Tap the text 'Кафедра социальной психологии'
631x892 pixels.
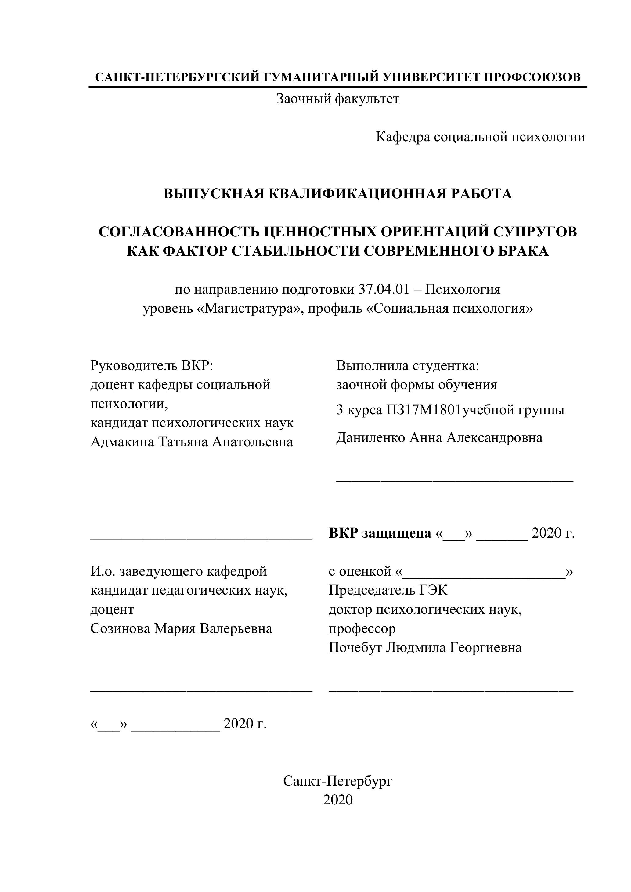pos(480,137)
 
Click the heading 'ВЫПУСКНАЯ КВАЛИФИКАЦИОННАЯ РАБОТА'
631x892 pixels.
pos(338,193)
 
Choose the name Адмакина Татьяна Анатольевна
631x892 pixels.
pos(192,442)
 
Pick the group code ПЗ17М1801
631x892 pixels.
pos(423,410)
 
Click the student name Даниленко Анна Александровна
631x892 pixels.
pos(439,437)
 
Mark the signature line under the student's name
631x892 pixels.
pos(455,481)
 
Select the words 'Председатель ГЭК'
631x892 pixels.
pos(388,590)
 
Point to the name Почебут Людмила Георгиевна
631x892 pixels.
pos(425,647)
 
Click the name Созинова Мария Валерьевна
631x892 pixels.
pos(181,628)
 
